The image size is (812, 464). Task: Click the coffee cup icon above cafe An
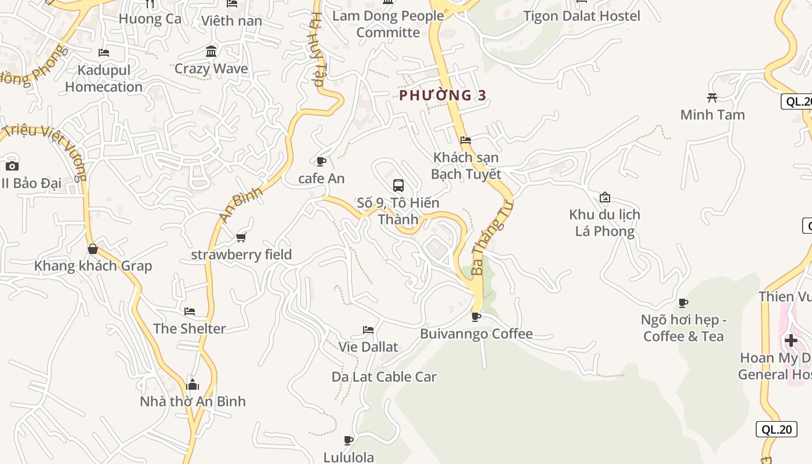pyautogui.click(x=321, y=161)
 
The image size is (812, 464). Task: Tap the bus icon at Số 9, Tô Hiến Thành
pyautogui.click(x=398, y=186)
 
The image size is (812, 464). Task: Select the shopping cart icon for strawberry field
pyautogui.click(x=241, y=237)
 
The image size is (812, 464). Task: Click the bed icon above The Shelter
pyautogui.click(x=190, y=311)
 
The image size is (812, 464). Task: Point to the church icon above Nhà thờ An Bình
pyautogui.click(x=193, y=385)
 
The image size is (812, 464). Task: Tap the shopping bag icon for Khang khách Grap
pyautogui.click(x=92, y=249)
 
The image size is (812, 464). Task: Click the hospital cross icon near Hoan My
pyautogui.click(x=791, y=340)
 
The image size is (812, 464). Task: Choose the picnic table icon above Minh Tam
pyautogui.click(x=712, y=97)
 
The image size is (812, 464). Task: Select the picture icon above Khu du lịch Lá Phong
pyautogui.click(x=605, y=197)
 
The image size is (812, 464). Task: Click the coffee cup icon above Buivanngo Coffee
pyautogui.click(x=476, y=317)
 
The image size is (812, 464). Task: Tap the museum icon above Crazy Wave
pyautogui.click(x=211, y=52)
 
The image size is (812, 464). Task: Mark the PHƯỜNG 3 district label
pyautogui.click(x=443, y=95)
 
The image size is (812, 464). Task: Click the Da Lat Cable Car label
pyautogui.click(x=384, y=376)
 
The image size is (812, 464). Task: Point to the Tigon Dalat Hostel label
pyautogui.click(x=582, y=16)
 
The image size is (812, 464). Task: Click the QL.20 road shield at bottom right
pyautogui.click(x=777, y=429)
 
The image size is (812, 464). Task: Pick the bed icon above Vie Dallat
pyautogui.click(x=368, y=330)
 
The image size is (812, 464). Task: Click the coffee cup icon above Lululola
pyautogui.click(x=349, y=440)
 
